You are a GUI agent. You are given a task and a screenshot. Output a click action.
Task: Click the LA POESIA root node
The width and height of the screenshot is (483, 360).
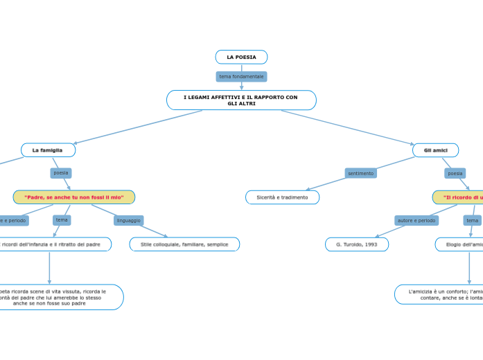pos(241,57)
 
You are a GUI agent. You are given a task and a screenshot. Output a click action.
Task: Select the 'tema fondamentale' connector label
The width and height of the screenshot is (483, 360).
pos(241,76)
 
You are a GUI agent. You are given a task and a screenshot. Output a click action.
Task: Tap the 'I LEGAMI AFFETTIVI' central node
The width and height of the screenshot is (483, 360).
pos(241,100)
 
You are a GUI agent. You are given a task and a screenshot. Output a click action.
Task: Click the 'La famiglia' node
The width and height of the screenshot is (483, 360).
pos(48,150)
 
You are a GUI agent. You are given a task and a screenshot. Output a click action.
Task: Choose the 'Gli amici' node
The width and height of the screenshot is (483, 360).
pos(435,150)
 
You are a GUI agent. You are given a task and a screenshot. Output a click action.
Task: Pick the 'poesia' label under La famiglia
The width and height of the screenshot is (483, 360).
pos(61,173)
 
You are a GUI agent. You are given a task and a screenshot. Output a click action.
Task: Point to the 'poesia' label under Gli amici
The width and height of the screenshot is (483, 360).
pos(455,173)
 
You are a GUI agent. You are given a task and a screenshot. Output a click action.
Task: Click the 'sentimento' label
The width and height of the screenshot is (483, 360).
pos(360,173)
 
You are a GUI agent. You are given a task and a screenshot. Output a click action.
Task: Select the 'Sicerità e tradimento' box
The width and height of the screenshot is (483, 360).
pos(282,197)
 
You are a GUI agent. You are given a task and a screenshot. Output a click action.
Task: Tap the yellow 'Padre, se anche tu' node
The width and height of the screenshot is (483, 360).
pos(74,197)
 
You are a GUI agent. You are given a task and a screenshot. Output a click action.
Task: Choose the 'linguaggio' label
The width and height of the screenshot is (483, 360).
pos(128,220)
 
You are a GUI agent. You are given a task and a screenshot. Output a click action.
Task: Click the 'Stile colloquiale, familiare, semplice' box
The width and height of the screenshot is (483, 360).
pos(184,244)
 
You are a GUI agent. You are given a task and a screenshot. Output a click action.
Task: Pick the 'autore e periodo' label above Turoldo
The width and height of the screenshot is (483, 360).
pos(416,220)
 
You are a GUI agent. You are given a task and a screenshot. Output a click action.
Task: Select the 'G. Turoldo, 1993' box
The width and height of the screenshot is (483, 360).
pos(356,244)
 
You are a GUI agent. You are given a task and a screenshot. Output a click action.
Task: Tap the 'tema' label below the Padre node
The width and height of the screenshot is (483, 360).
pos(62,220)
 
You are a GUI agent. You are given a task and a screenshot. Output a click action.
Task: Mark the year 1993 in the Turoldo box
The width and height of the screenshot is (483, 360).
pos(371,244)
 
